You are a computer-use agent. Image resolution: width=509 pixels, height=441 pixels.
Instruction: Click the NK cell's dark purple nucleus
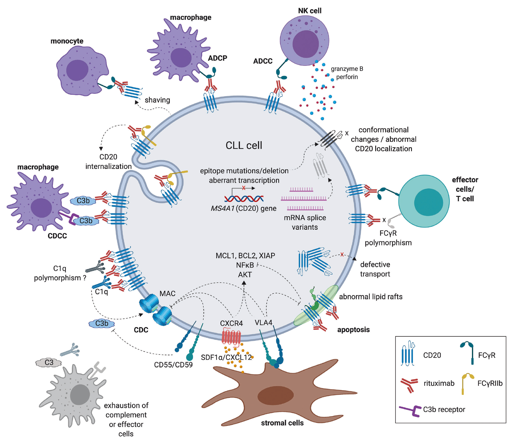pos(305,44)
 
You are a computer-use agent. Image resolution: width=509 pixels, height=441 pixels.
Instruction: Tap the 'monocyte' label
pos(67,41)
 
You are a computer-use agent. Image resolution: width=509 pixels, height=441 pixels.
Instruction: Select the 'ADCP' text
pos(217,58)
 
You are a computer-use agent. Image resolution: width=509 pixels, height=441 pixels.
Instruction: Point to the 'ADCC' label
pos(263,61)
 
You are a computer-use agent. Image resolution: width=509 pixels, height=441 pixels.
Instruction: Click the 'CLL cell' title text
pos(244,145)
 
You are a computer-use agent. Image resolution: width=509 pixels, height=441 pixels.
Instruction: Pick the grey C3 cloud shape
pos(48,362)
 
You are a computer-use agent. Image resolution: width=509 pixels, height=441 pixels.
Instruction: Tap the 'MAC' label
pos(167,293)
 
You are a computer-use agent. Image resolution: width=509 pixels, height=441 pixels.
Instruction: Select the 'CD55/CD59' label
pos(173,365)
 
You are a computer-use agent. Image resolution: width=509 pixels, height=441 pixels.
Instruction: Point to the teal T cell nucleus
pos(428,202)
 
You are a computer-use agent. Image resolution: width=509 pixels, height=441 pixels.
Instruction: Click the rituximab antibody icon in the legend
pos(409,385)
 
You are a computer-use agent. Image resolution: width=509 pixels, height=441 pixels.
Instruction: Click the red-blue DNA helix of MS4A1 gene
pos(244,198)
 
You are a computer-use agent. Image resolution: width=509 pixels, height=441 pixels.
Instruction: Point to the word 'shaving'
pos(157,100)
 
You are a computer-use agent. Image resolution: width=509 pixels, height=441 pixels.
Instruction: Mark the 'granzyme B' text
pos(347,69)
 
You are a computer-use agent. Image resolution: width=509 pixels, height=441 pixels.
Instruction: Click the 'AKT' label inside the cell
pos(245,275)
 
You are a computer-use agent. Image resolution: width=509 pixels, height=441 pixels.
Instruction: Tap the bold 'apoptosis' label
pos(353,330)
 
